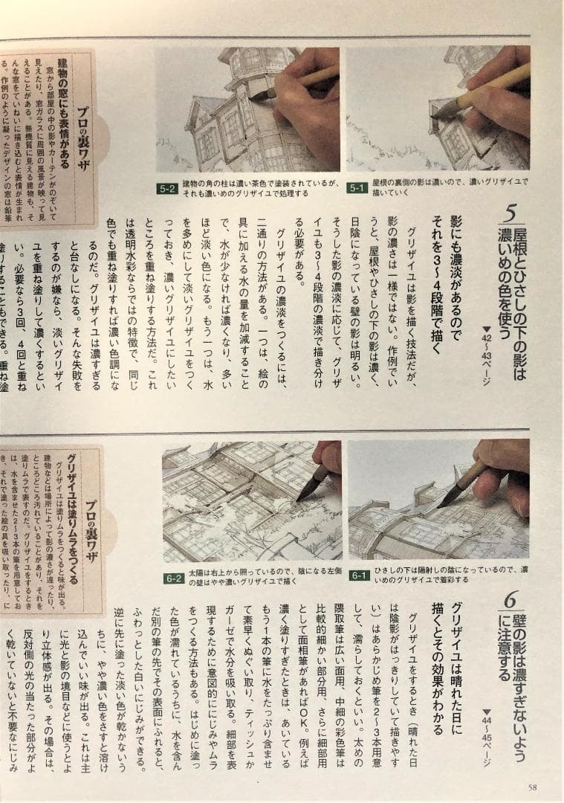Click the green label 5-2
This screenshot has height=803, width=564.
click(x=166, y=189)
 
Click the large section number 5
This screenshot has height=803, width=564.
click(x=510, y=215)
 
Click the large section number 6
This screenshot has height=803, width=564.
click(x=510, y=601)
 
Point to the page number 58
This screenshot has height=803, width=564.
click(x=532, y=787)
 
